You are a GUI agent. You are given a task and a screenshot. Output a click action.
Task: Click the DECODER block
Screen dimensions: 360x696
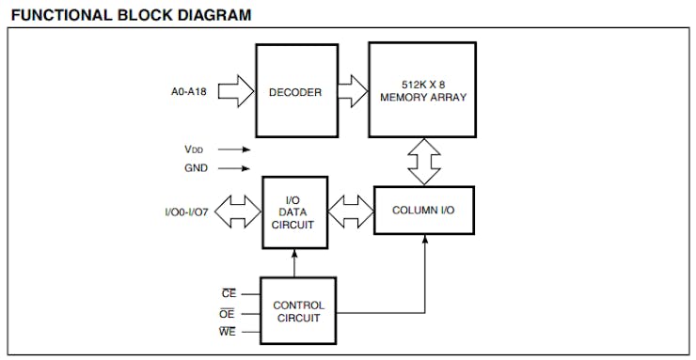(x=296, y=92)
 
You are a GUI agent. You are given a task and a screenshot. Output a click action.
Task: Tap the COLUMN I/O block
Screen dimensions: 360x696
(x=423, y=211)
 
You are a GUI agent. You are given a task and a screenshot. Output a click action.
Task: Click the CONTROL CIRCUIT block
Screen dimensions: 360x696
(x=298, y=311)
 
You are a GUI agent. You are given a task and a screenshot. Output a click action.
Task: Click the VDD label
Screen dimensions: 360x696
(x=193, y=149)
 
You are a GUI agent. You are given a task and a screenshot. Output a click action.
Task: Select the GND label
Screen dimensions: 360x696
(x=196, y=168)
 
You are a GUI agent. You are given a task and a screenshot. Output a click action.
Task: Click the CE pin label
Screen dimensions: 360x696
(x=227, y=293)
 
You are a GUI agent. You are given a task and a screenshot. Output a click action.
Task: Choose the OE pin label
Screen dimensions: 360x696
(x=227, y=313)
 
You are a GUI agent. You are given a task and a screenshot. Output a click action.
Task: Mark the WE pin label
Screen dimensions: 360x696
(x=227, y=332)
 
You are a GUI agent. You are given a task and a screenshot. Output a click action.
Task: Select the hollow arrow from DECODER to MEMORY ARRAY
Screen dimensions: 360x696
(x=353, y=92)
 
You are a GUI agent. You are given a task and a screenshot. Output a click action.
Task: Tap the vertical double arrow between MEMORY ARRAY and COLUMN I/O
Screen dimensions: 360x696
(x=423, y=163)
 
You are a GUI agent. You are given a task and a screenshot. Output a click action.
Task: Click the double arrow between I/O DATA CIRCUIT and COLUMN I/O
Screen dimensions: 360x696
(x=350, y=211)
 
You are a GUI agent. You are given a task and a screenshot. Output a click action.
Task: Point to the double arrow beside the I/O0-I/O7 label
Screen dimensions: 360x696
(x=239, y=211)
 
